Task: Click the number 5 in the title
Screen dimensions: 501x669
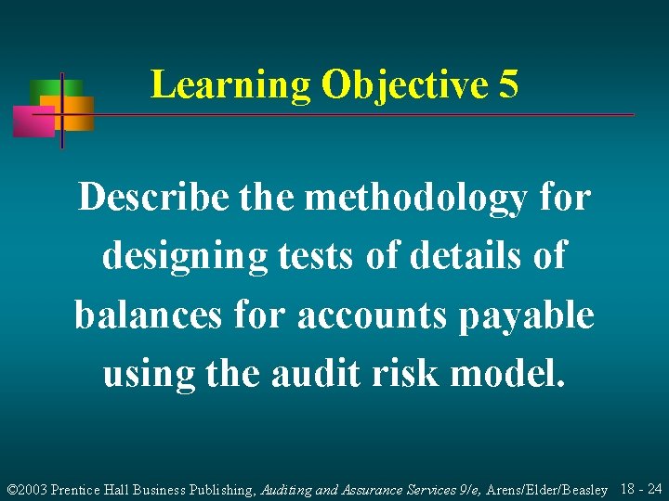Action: coord(508,85)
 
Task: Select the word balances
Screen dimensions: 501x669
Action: coord(146,315)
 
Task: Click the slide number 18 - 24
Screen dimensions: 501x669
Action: coord(640,488)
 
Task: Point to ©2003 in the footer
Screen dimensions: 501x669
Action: coord(27,489)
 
